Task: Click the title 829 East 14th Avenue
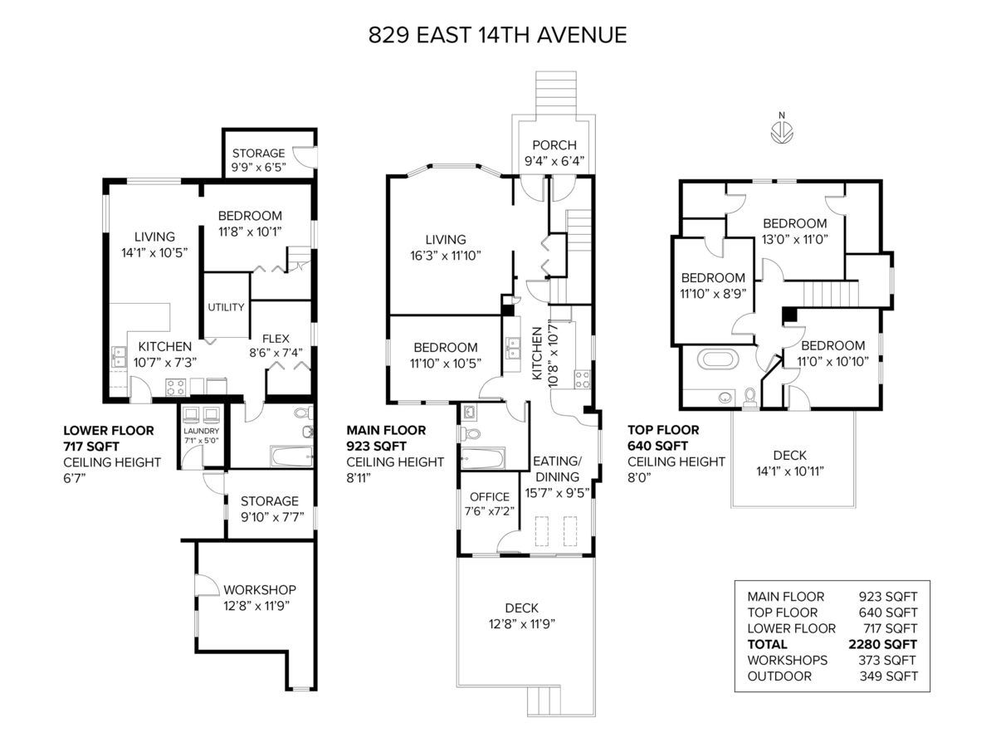[498, 36]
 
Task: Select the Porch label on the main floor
[554, 145]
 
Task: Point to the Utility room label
[226, 307]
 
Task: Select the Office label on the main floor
[489, 497]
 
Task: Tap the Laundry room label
[202, 431]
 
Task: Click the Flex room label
[275, 339]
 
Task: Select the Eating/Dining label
[557, 469]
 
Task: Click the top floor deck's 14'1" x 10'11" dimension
[789, 471]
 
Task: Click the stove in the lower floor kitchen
[175, 386]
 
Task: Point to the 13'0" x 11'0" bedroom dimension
[794, 239]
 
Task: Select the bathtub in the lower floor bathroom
[290, 455]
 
